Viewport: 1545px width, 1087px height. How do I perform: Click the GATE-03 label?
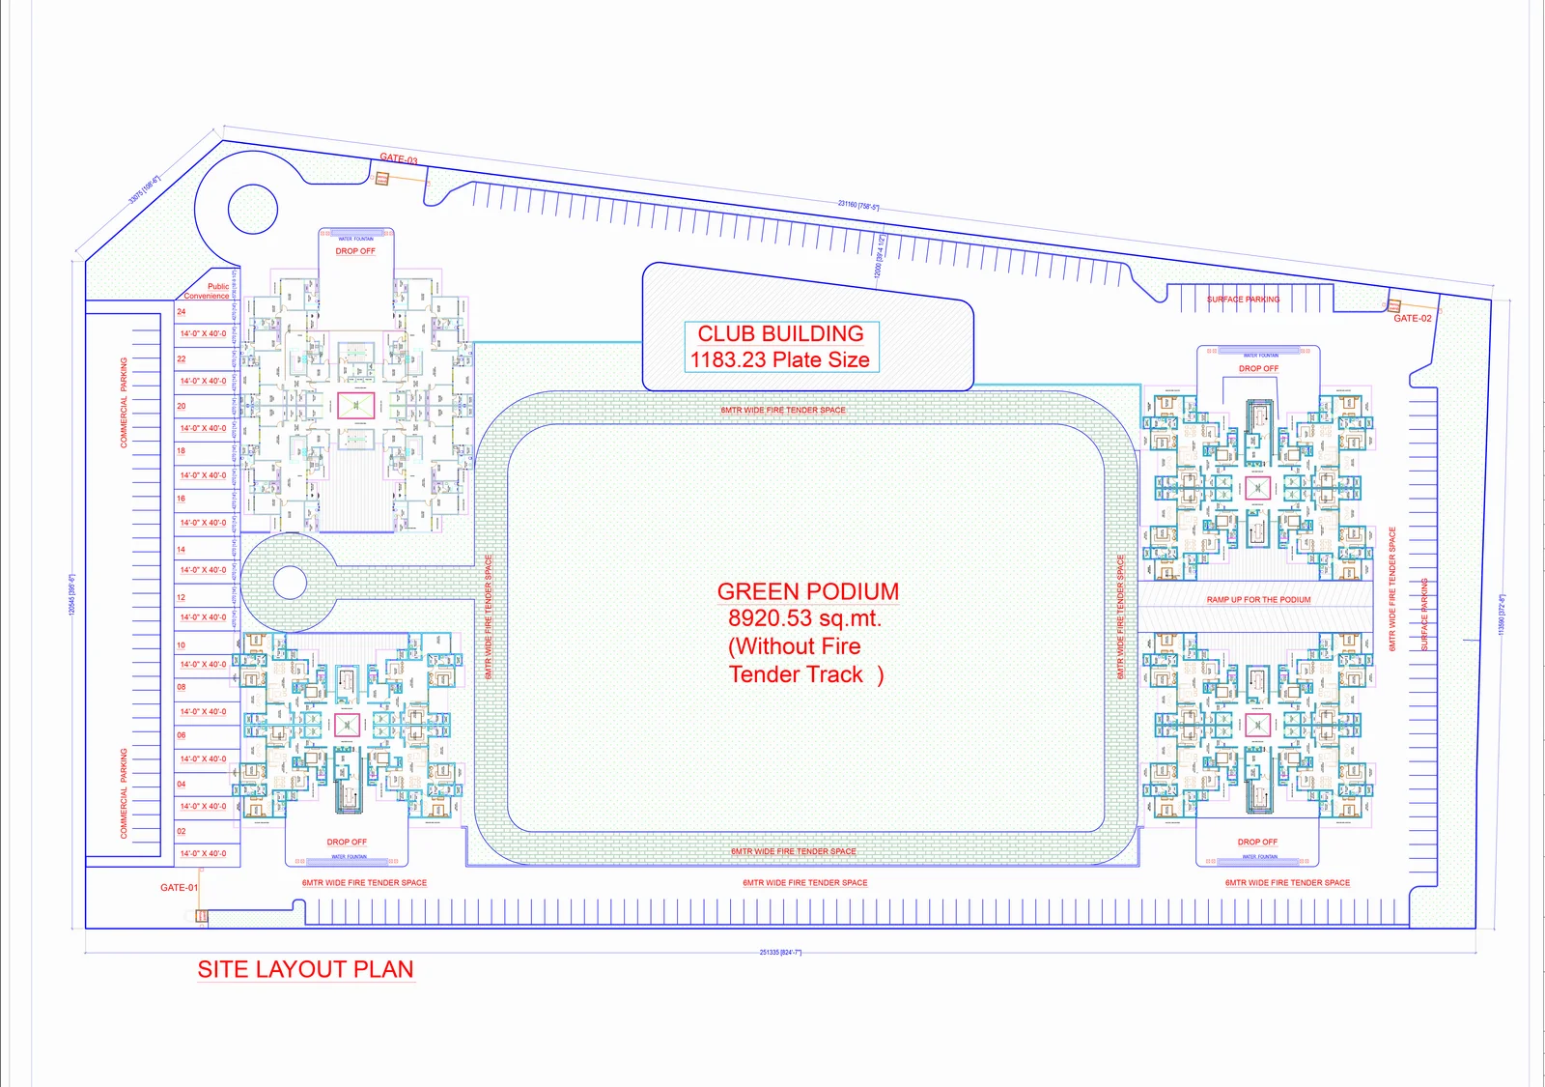pos(398,158)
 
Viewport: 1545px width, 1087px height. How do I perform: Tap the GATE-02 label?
pos(1412,318)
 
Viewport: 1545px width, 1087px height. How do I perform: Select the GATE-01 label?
pos(179,887)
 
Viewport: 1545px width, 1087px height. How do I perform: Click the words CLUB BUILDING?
pos(780,333)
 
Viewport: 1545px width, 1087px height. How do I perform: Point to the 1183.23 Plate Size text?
pos(779,359)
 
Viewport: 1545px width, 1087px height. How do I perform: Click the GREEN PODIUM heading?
pos(807,591)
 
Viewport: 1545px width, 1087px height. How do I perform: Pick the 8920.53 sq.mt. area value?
pos(804,618)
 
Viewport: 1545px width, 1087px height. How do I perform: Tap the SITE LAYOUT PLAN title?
pos(305,969)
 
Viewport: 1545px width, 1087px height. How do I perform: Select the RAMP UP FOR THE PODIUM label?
pos(1258,600)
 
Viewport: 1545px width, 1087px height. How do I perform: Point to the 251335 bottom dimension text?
pos(780,953)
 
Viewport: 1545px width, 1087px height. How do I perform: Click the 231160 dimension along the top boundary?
pos(857,205)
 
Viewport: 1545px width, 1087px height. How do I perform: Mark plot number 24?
pos(181,312)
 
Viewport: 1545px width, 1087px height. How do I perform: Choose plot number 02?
pos(181,831)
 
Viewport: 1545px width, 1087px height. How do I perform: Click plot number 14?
pos(181,550)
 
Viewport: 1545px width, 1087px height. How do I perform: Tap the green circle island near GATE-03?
pos(253,209)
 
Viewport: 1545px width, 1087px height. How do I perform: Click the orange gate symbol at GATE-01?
pos(202,915)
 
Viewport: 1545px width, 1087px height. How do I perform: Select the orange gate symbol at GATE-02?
pos(1394,305)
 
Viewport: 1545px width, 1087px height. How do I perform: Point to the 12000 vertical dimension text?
pos(879,256)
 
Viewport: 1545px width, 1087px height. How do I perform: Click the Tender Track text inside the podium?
pos(796,674)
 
